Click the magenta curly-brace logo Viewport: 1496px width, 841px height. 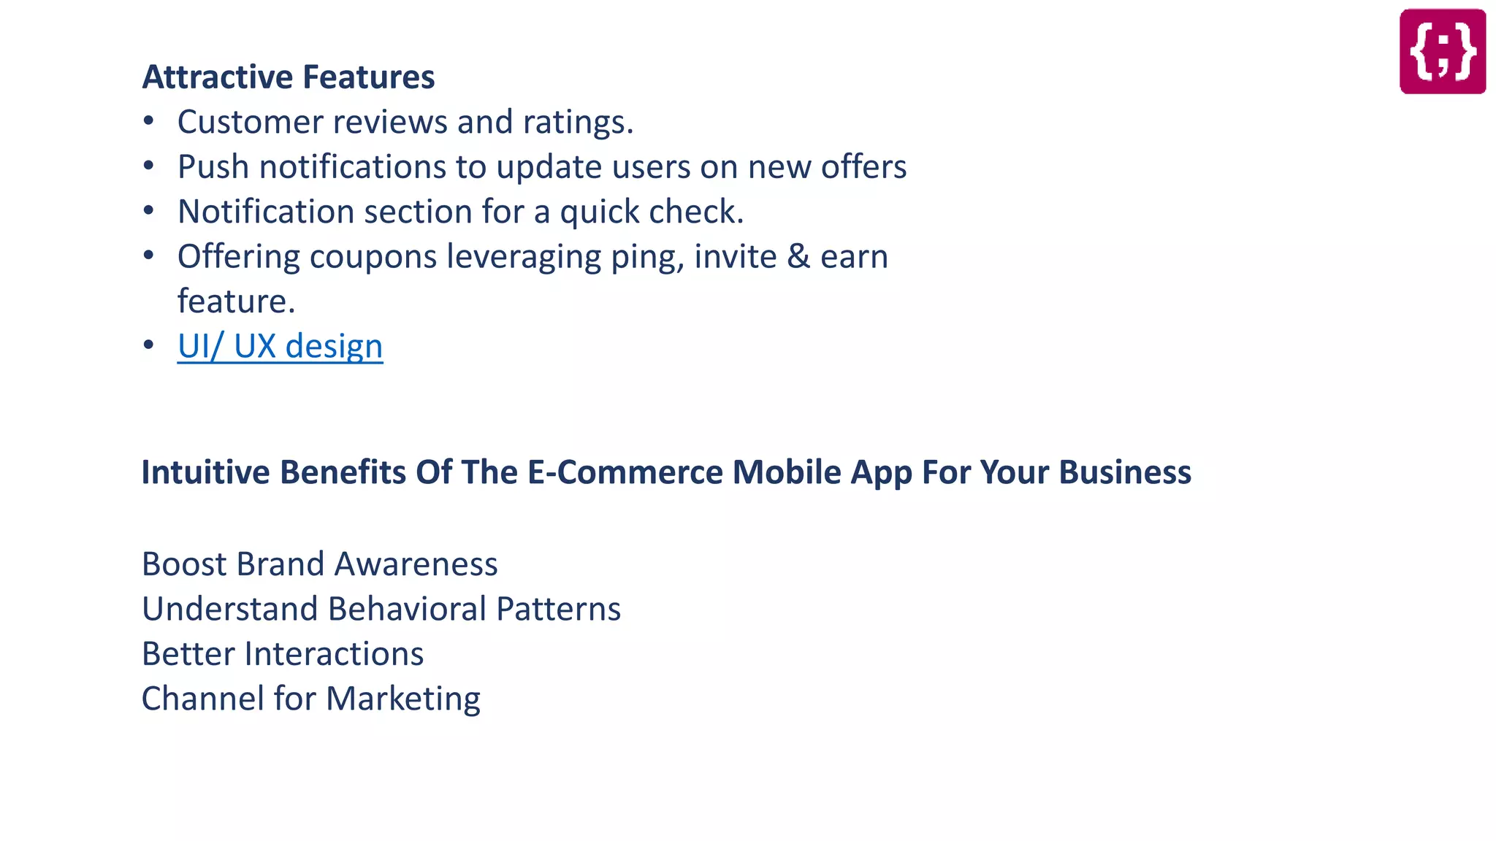click(1442, 51)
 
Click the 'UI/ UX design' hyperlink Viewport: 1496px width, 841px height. click(280, 346)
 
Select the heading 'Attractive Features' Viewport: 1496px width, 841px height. click(289, 77)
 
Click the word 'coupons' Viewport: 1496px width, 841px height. click(373, 257)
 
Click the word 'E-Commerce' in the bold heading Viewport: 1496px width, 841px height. click(627, 472)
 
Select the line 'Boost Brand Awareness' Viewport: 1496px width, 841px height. click(319, 564)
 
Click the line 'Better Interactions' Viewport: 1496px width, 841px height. click(283, 654)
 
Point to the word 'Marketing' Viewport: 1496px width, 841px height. click(403, 699)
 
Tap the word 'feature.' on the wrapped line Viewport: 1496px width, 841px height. click(236, 302)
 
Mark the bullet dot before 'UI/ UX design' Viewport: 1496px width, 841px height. click(149, 345)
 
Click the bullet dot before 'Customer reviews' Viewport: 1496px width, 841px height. click(149, 120)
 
